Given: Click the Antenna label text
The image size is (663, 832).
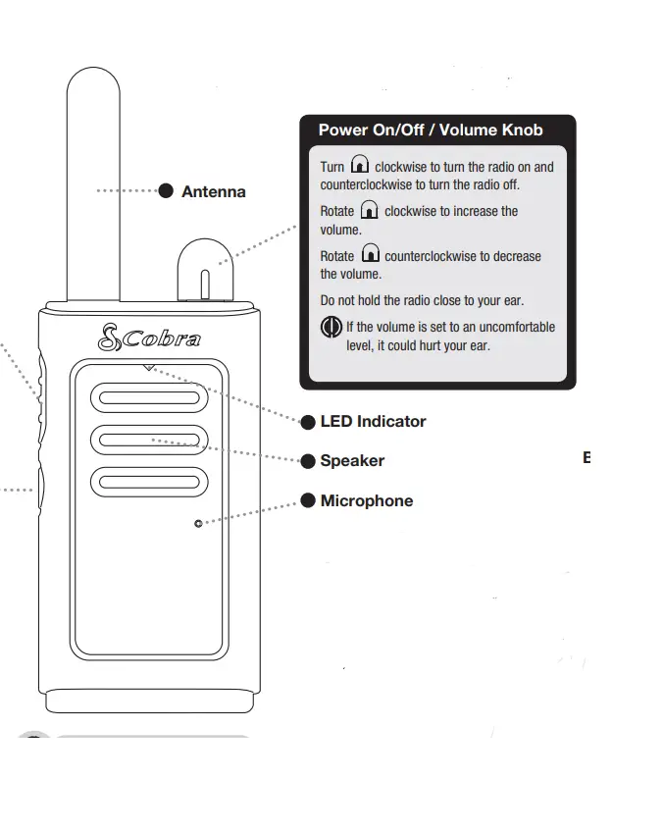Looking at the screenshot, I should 213,191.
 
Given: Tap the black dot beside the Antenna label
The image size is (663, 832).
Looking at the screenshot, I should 166,190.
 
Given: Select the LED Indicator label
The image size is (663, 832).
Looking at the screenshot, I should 373,421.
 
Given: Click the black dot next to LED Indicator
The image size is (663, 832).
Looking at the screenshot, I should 308,422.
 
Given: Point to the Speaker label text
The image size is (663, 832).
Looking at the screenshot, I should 352,460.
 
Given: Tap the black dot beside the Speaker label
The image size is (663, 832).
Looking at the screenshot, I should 308,461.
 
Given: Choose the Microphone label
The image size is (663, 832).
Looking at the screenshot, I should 366,500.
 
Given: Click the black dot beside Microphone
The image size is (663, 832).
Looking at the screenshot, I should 308,500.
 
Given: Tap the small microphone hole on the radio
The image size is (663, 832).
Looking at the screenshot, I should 198,524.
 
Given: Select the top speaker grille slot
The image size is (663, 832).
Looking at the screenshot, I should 149,397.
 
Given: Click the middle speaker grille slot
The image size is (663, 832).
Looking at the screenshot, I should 149,439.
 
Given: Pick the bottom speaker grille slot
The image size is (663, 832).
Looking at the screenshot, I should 149,481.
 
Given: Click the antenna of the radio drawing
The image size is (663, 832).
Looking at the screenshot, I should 93,177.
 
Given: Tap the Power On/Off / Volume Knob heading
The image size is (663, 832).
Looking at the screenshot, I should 430,130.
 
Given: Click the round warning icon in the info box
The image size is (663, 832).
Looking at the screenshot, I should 331,328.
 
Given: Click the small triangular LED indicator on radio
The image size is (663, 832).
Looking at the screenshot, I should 148,368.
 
